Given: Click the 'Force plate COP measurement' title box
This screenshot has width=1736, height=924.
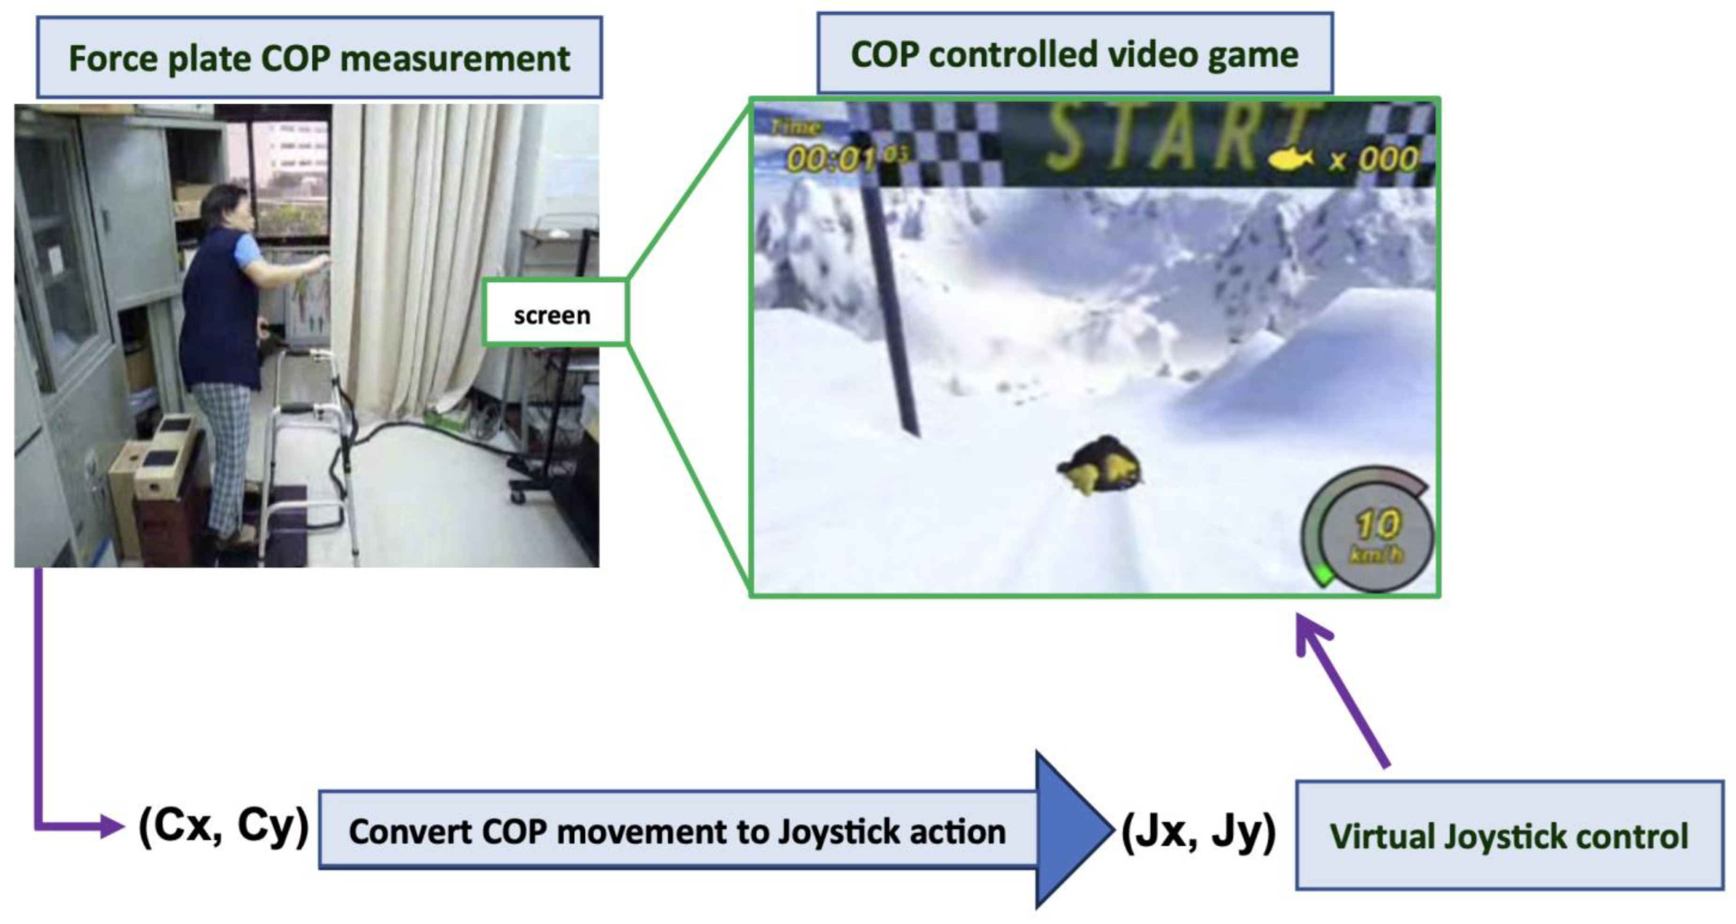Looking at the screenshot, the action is click(319, 57).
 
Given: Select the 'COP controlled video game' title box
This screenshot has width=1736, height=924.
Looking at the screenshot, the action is click(1075, 53).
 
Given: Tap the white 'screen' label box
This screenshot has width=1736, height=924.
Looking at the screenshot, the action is click(554, 313).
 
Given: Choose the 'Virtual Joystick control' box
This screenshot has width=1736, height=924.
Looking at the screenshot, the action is click(1510, 835).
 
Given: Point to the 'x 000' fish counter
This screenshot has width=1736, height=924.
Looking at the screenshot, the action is click(1375, 159).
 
